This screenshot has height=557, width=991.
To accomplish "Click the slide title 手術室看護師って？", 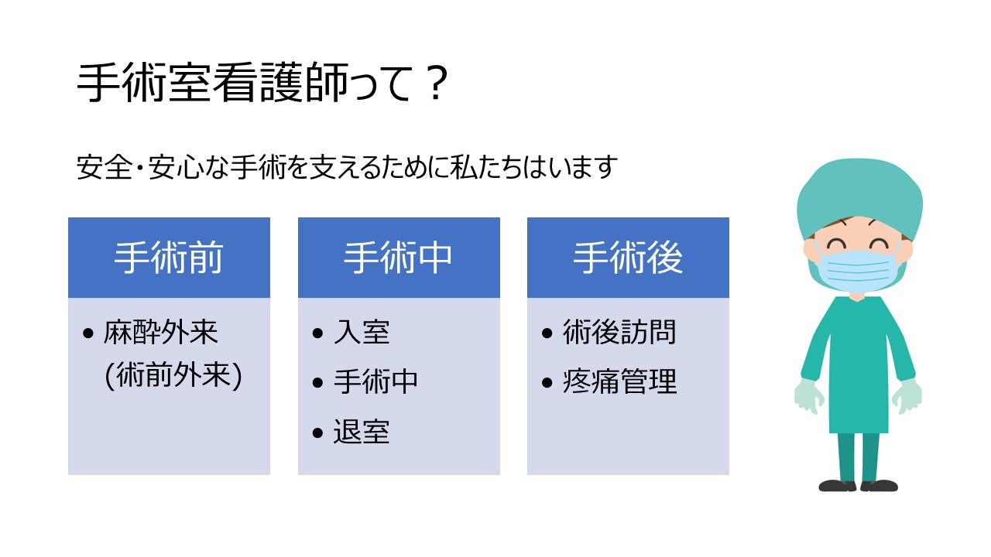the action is tap(262, 83).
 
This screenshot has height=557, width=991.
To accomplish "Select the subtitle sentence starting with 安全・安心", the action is tap(347, 168).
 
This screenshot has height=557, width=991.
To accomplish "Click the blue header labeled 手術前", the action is tap(169, 258).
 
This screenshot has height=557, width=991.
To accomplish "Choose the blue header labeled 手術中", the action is tap(399, 258).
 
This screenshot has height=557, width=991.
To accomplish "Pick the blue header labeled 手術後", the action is tap(628, 258).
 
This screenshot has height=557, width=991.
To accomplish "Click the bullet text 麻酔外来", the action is tap(160, 332).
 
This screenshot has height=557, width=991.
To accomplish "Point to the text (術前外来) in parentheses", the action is tap(173, 376).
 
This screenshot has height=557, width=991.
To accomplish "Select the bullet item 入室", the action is tap(362, 332).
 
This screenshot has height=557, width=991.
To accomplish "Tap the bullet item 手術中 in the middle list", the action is tap(375, 381).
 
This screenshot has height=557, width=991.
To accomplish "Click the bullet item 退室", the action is tap(362, 432).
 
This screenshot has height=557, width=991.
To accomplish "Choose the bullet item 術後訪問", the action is tap(619, 332).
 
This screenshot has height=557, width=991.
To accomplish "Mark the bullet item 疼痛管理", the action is tap(619, 381).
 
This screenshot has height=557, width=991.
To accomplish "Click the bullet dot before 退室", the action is tap(317, 432).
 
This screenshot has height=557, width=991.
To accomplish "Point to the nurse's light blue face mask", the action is tap(856, 271).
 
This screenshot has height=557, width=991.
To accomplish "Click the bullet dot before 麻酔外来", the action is tap(88, 333).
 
